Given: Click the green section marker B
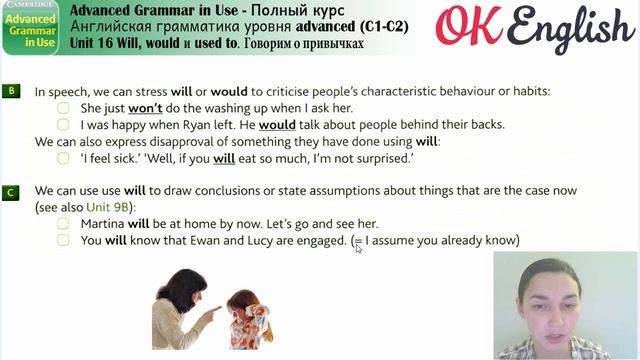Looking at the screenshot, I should [10, 91].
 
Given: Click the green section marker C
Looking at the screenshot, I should [10, 190].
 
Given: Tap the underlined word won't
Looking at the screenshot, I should [147, 108].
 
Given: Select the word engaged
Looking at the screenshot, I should [319, 241].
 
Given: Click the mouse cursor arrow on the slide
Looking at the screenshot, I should [358, 247].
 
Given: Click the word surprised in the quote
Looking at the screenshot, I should [381, 158].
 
